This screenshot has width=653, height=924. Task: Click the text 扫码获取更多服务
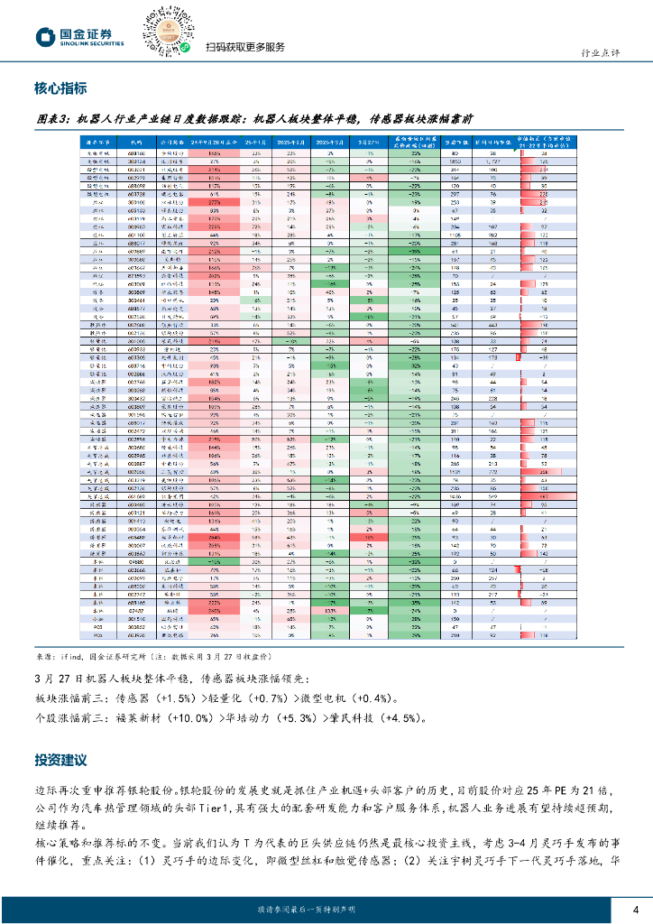click(x=245, y=47)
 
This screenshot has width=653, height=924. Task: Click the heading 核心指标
click(x=60, y=88)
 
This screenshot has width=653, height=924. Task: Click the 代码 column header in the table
click(x=136, y=142)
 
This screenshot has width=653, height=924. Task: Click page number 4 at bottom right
click(x=635, y=909)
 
